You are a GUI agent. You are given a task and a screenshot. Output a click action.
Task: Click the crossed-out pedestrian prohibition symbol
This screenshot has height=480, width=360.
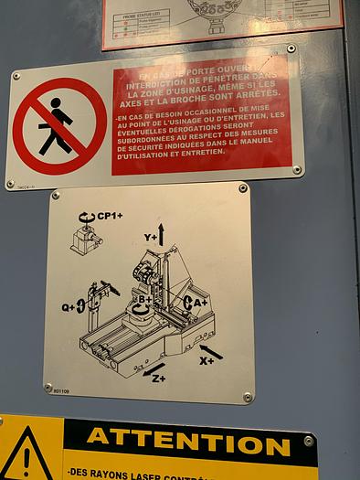59,125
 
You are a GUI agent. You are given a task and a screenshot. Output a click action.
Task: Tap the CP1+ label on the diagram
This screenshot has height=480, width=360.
110,217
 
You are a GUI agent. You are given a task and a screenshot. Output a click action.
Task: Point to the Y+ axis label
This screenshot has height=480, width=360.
150,237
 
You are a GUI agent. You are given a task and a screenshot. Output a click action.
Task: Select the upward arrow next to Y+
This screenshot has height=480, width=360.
162,233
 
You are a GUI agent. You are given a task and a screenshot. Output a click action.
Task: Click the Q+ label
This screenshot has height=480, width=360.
69,307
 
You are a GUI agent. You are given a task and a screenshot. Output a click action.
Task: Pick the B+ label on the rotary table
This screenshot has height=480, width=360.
143,299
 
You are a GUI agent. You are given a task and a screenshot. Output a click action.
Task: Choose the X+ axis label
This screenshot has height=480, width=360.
206,361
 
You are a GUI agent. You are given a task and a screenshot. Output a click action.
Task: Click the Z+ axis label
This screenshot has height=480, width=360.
157,379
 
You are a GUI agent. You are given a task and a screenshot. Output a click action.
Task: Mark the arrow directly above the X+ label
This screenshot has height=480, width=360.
210,350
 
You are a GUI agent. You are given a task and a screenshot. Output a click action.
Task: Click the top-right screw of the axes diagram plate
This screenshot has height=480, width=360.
243,189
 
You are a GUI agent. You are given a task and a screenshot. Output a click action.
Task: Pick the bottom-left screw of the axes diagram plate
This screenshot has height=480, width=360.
48,388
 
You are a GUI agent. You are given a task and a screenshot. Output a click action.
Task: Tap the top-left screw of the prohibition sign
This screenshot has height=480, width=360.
16,76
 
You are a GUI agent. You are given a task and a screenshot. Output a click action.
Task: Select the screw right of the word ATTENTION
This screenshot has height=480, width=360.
309,441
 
